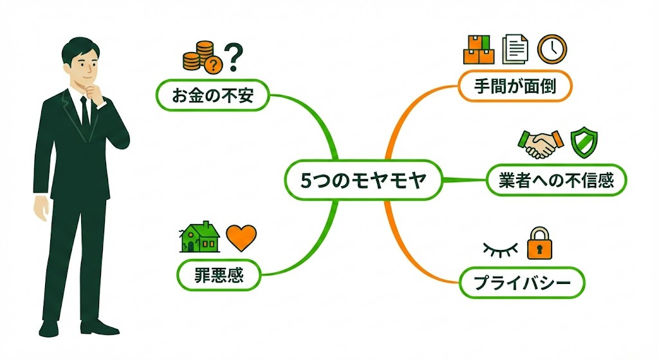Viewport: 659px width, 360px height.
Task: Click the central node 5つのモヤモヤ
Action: coord(364,182)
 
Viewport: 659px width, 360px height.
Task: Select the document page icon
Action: coord(515,48)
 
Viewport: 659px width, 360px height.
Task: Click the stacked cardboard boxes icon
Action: coord(479,49)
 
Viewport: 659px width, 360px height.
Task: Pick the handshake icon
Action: coord(539,144)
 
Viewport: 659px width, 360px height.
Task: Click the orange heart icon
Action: coord(241,238)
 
